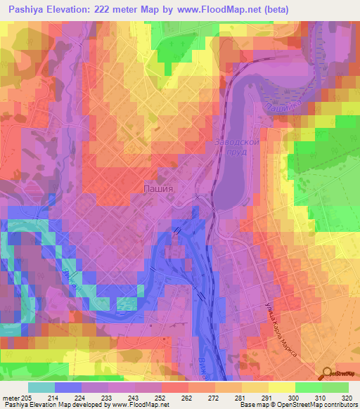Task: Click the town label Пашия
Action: pos(158,188)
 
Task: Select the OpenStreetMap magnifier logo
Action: pos(327,373)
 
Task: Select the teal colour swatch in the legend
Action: pos(41,387)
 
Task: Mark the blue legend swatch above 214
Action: pos(68,387)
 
